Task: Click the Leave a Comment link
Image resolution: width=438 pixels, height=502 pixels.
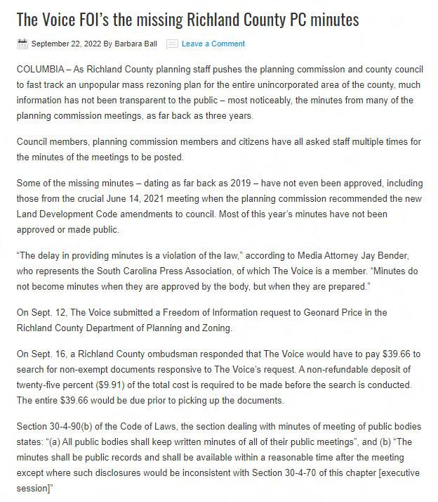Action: tap(213, 44)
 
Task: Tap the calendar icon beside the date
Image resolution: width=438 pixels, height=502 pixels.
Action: tap(22, 44)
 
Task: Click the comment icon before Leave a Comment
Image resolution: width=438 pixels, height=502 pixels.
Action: tap(172, 44)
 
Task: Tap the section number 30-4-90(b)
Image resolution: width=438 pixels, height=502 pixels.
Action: tap(81, 428)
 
